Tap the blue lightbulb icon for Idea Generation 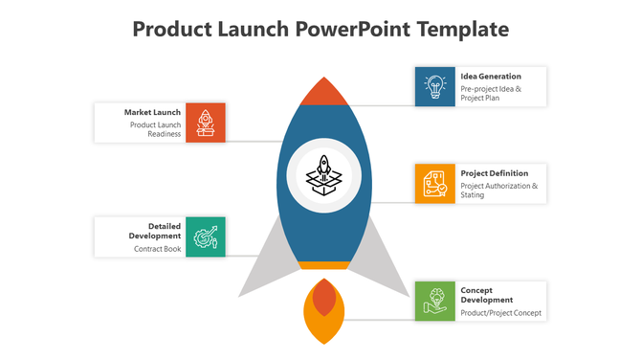pos(434,86)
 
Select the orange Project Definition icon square pos(434,183)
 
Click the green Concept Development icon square pos(434,300)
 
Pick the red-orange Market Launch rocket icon pos(206,123)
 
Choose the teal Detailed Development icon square pos(206,236)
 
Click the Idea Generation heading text pos(491,77)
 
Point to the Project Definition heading pos(495,173)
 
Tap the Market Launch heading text pos(152,112)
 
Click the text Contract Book pos(157,249)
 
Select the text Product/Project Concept pos(500,313)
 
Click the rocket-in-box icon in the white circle pos(321,174)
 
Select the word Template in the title pos(461,29)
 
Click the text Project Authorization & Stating pos(498,190)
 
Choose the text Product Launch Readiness pos(156,129)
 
